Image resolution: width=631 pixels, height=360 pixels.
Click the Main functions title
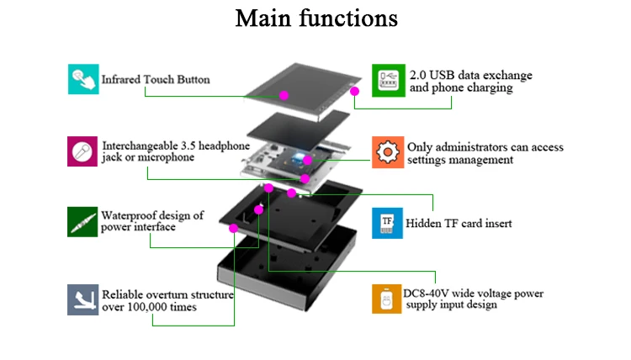pyautogui.click(x=315, y=19)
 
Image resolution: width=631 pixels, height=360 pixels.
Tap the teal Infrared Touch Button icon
pyautogui.click(x=82, y=79)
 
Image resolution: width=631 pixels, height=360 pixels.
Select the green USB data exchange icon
pyautogui.click(x=388, y=81)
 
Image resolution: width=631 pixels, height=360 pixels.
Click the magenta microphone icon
pyautogui.click(x=82, y=151)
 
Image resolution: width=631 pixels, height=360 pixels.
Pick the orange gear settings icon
pyautogui.click(x=388, y=152)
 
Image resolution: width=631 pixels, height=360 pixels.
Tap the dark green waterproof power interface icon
pyautogui.click(x=82, y=222)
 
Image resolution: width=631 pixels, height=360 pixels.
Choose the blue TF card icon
pyautogui.click(x=387, y=223)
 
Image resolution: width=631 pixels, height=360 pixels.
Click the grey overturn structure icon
pyautogui.click(x=82, y=299)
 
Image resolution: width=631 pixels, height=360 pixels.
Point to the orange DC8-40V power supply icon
pyautogui.click(x=387, y=299)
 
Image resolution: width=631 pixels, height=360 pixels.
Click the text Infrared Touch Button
pyautogui.click(x=156, y=80)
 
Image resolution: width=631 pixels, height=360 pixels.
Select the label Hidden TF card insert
pyautogui.click(x=459, y=224)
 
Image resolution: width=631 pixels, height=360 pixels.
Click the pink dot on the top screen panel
pyautogui.click(x=284, y=95)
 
